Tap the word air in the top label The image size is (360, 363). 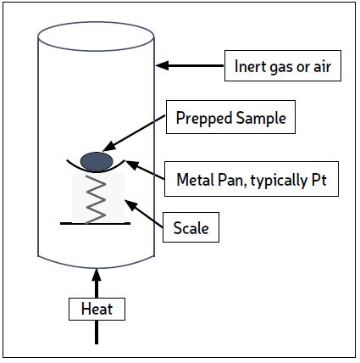322,67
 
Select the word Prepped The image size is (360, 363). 204,118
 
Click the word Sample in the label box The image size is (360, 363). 261,118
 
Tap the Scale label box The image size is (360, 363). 191,227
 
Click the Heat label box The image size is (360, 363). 97,309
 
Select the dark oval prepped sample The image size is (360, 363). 97,162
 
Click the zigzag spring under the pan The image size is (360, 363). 96,199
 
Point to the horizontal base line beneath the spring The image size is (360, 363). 95,223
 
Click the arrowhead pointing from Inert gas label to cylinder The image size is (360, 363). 162,65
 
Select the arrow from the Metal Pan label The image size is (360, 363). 144,170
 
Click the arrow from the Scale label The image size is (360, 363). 144,214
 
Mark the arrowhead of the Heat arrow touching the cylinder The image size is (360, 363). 97,274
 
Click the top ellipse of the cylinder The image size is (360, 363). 96,51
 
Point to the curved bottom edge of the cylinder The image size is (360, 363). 96,267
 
